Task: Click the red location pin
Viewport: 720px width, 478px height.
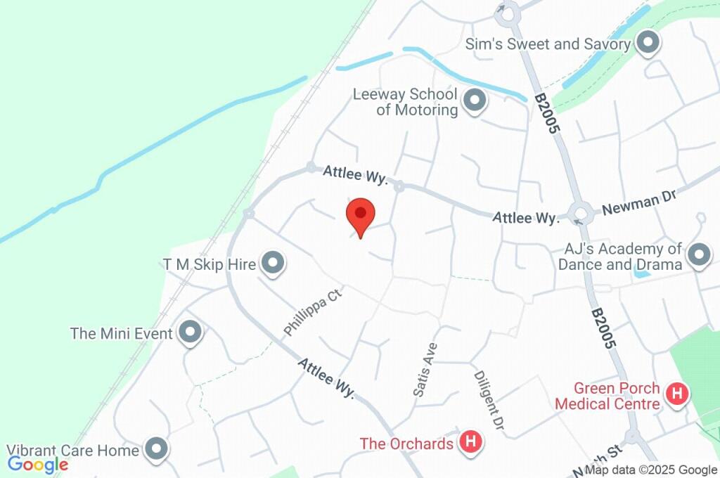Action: [x=361, y=214]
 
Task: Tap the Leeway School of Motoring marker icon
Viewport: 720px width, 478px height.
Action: [x=476, y=101]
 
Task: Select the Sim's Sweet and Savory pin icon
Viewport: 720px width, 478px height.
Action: [x=647, y=44]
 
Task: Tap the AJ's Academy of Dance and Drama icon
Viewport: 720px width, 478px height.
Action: [x=699, y=255]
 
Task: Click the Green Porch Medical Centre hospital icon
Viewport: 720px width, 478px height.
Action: [x=677, y=394]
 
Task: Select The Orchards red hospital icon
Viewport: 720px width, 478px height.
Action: [x=470, y=442]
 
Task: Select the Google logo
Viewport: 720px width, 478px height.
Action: [x=38, y=464]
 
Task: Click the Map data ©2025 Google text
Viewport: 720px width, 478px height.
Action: [x=651, y=470]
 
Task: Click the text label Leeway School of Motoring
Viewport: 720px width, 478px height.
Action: [x=406, y=102]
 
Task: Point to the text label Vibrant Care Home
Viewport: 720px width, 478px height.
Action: [x=73, y=450]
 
